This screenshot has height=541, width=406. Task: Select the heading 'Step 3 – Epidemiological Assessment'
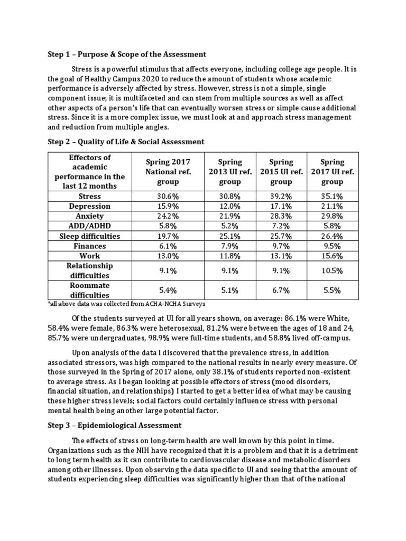click(114, 425)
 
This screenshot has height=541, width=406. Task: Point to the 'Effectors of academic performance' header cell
click(90, 172)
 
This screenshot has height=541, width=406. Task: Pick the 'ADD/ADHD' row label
click(90, 226)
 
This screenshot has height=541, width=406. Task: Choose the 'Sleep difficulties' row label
click(90, 236)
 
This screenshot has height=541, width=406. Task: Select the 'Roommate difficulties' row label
click(90, 291)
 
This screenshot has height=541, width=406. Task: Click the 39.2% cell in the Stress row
click(281, 196)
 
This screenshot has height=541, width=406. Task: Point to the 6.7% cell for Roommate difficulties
click(281, 291)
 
